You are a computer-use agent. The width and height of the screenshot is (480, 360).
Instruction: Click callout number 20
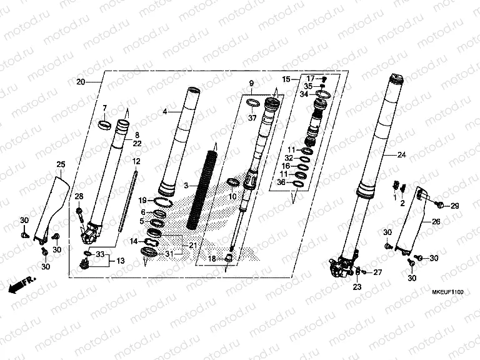(x=80, y=82)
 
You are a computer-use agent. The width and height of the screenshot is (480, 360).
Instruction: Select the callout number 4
(x=164, y=111)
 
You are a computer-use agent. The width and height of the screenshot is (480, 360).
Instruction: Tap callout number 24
(x=401, y=154)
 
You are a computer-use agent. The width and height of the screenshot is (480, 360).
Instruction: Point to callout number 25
(x=61, y=164)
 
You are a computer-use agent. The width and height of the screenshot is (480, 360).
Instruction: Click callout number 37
(x=252, y=117)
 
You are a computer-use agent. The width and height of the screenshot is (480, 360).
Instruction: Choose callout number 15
(x=286, y=79)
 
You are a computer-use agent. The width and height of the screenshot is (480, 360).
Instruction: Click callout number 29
(x=455, y=206)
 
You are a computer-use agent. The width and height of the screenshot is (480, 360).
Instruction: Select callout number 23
(x=356, y=287)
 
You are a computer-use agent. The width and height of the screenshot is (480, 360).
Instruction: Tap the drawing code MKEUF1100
(x=450, y=292)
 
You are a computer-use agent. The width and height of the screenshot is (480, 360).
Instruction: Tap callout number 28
(x=79, y=197)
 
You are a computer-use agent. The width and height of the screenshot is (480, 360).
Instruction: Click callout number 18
(x=212, y=258)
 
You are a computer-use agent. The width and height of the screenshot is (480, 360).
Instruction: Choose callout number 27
(x=377, y=272)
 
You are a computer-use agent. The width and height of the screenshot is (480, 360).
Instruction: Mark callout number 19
(x=142, y=200)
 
